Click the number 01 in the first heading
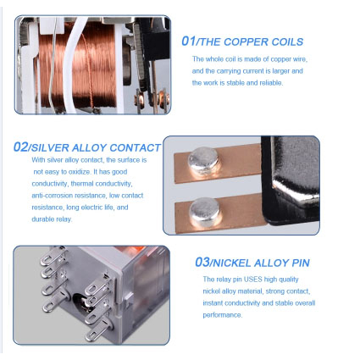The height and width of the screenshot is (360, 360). tap(188, 42)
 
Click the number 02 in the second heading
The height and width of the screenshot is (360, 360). tap(21, 147)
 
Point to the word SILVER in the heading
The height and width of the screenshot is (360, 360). tap(50, 148)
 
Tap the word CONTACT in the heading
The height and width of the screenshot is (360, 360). tap(135, 148)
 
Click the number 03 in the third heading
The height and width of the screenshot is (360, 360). tap(202, 262)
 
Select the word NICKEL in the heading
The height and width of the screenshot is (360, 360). tap(232, 263)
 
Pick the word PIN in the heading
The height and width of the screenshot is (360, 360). tap(301, 263)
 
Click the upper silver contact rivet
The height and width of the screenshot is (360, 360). tap(204, 161)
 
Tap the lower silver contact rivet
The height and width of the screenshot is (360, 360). tap(205, 212)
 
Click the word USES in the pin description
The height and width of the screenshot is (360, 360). tap(253, 280)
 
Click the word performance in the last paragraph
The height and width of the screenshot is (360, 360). tap(222, 315)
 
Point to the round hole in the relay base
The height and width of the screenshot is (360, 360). tap(80, 302)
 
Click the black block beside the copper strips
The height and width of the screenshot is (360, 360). tap(291, 180)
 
